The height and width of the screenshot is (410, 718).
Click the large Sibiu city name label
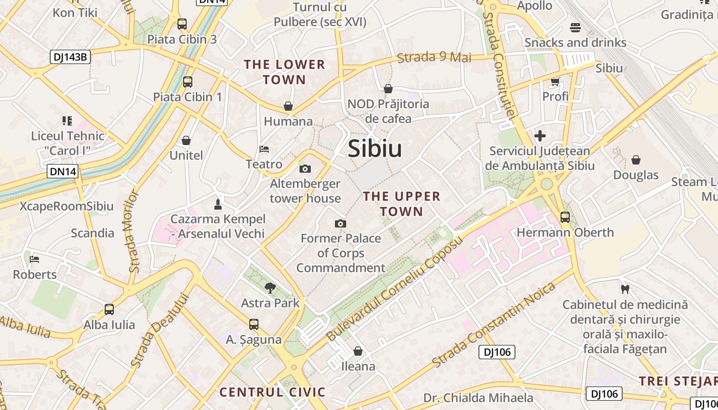click(x=374, y=149)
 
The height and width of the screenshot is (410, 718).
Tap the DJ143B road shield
click(x=70, y=57)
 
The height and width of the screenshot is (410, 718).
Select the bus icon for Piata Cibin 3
click(x=182, y=24)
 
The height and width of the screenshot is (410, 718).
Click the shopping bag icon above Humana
click(x=288, y=106)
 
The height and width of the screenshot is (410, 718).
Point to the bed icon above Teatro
click(x=264, y=149)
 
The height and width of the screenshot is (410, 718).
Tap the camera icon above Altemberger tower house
click(x=305, y=169)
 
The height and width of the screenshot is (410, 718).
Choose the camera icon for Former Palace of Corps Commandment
click(x=340, y=223)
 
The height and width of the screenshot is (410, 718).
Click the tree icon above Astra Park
click(x=270, y=288)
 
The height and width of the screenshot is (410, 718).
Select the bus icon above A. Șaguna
click(x=254, y=324)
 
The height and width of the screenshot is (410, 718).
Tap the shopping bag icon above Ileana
click(x=358, y=351)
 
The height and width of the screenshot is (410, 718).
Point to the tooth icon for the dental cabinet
click(x=625, y=289)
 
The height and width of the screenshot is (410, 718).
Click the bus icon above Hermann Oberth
click(x=565, y=217)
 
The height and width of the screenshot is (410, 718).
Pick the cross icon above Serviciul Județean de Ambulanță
click(x=540, y=136)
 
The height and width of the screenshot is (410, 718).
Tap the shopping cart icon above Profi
click(x=555, y=81)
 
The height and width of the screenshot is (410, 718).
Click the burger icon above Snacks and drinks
click(x=575, y=27)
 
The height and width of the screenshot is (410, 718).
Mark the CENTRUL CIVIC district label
click(x=272, y=393)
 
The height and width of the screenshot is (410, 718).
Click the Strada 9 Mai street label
click(x=434, y=57)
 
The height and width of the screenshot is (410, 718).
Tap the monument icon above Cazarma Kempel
click(x=218, y=204)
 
